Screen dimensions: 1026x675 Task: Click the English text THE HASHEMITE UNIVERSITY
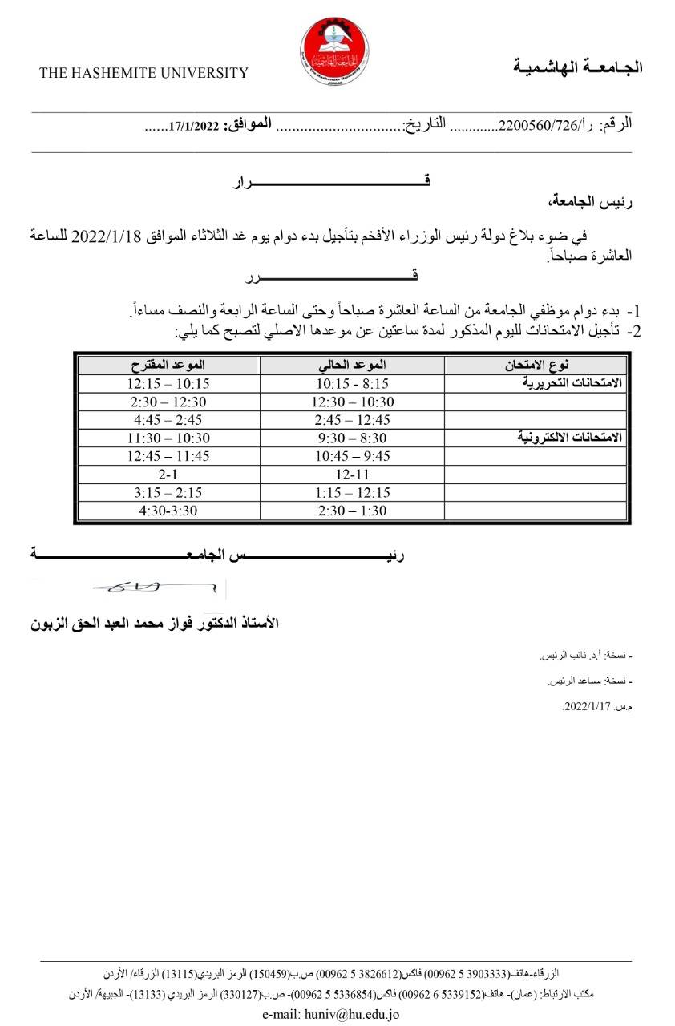144,73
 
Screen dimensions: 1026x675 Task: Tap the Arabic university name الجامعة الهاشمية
577,67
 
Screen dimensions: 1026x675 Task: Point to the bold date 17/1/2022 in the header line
193,126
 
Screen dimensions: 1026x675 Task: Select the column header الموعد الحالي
352,366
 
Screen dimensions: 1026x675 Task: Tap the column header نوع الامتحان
536,366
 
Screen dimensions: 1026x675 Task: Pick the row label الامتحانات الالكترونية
567,438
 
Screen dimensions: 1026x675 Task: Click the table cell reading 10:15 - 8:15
352,383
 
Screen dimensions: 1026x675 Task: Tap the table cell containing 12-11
352,474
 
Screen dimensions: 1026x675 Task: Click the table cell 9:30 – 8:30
352,438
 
